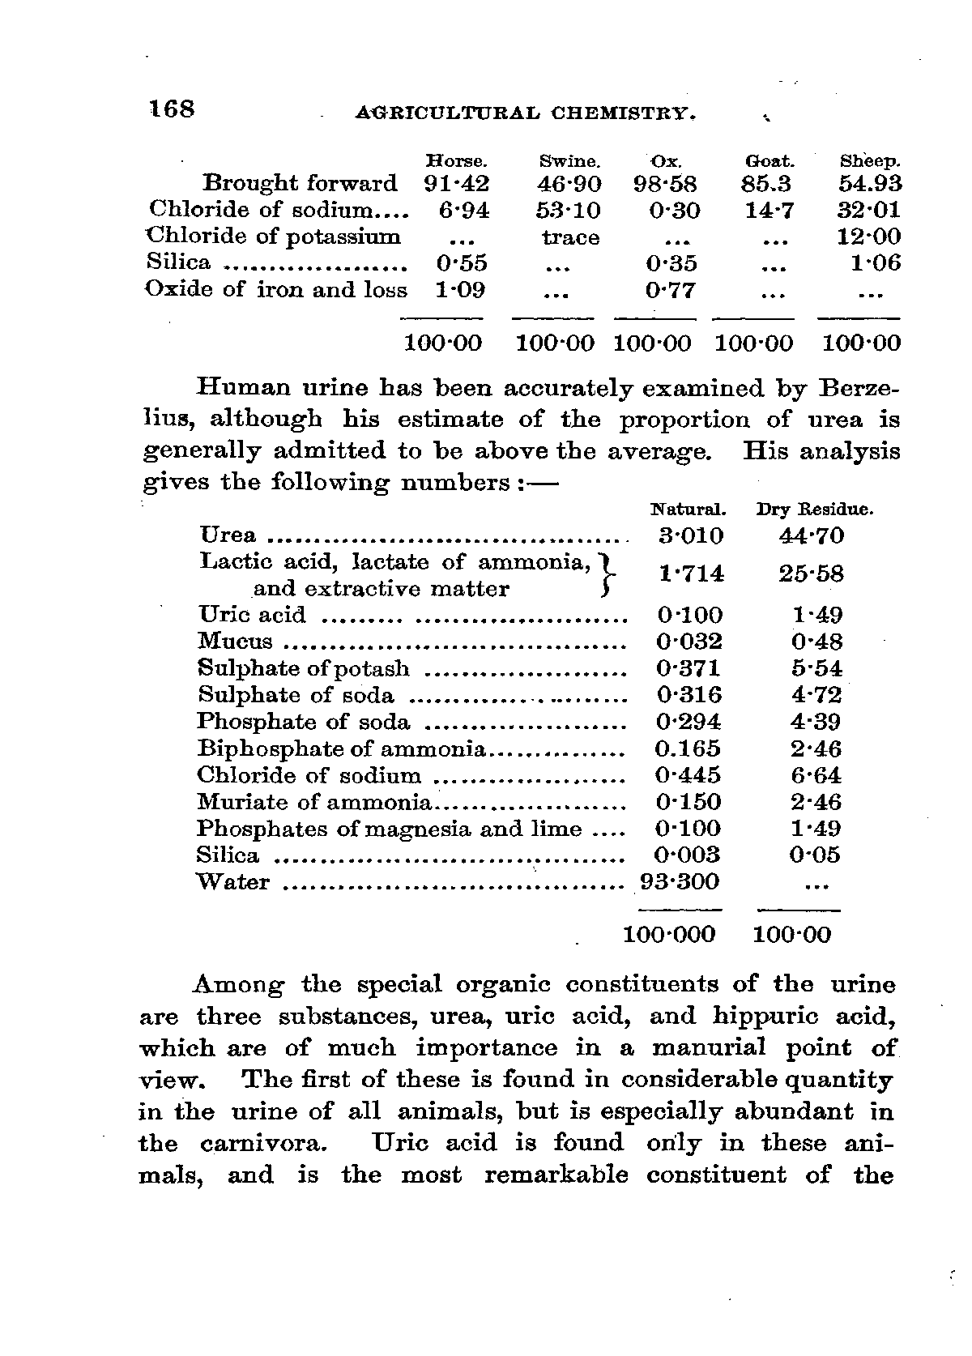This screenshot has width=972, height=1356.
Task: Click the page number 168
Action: point(171,109)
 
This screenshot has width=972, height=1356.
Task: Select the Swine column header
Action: point(569,161)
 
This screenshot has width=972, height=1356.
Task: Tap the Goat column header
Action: point(769,161)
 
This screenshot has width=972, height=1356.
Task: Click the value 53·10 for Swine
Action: point(569,211)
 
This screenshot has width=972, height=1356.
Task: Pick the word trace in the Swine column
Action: point(570,238)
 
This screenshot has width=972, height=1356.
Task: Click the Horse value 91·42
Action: point(457,184)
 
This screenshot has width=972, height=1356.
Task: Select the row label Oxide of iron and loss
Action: point(275,290)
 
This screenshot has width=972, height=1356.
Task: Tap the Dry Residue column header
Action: point(814,510)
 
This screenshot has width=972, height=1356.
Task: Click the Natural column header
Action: point(688,510)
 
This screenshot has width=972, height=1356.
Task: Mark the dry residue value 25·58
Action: point(811,574)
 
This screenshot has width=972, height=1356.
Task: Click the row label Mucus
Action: point(236,642)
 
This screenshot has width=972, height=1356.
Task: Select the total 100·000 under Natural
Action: point(669,935)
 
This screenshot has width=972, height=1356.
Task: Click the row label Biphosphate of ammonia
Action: point(341,748)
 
